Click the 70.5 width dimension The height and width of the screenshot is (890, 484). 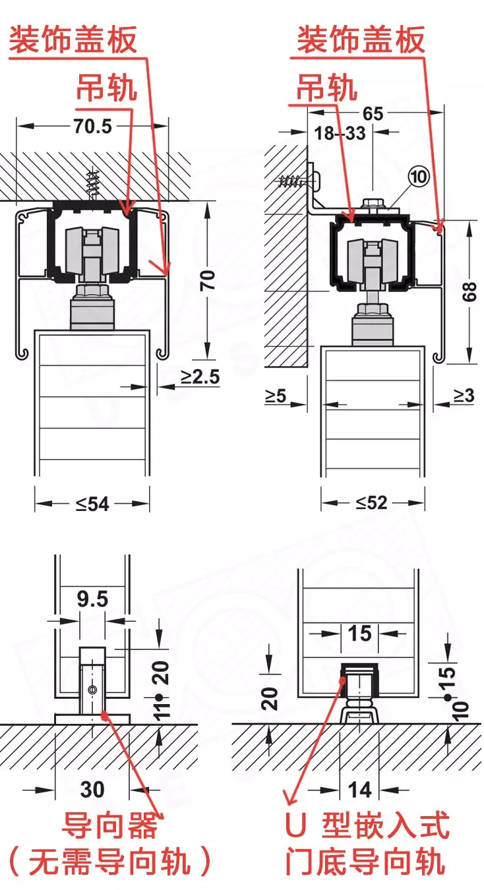point(93,127)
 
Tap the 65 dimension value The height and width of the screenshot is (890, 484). point(373,113)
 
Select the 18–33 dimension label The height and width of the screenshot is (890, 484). point(340,133)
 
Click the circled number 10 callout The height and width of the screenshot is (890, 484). point(419,176)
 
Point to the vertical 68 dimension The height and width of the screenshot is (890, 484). point(469,291)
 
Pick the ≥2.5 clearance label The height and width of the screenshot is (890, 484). point(200,376)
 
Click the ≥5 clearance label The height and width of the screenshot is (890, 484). point(276,396)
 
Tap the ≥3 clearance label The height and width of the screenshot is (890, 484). point(464,396)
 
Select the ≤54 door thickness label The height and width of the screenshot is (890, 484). point(92,504)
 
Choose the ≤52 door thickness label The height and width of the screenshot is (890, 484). point(371,503)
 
